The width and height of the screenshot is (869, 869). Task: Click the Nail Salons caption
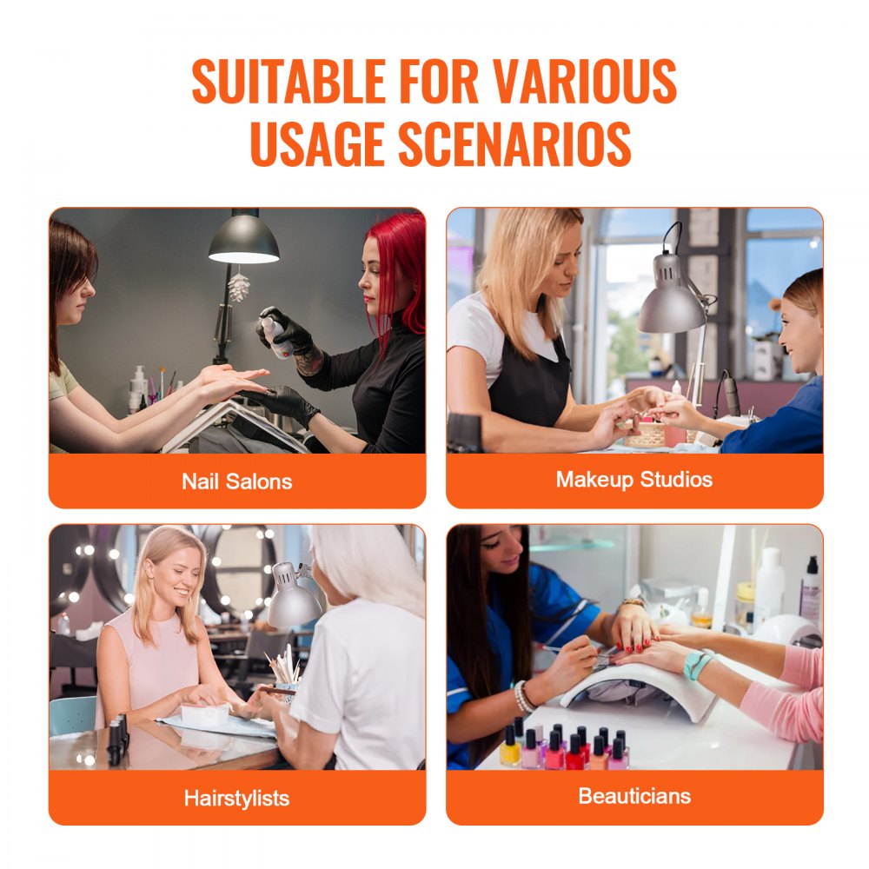tap(236, 481)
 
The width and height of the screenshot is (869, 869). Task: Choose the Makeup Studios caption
tap(634, 480)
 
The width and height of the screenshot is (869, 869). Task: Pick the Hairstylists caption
tap(236, 798)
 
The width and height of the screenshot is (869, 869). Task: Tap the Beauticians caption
tap(634, 796)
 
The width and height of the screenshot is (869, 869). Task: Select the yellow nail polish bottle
tap(510, 748)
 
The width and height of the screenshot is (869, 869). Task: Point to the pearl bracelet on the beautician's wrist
tap(523, 696)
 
